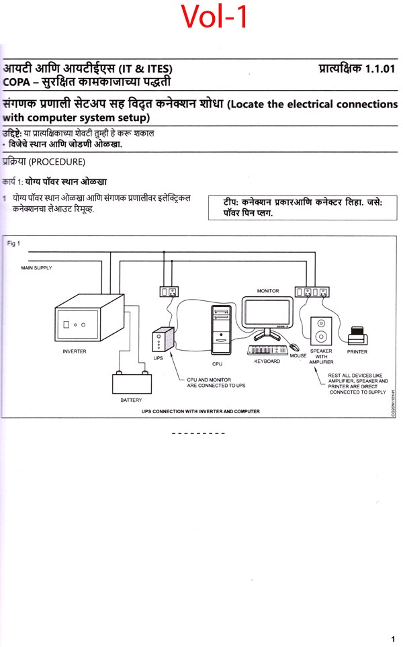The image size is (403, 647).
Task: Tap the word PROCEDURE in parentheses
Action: (x=57, y=162)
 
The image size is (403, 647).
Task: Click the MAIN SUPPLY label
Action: (x=37, y=268)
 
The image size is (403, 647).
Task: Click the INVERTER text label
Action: (x=75, y=351)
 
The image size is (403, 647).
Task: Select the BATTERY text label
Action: (x=131, y=400)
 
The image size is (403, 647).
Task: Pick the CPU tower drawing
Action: (x=220, y=330)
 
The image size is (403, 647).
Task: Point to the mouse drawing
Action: (x=294, y=348)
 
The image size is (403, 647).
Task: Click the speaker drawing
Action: (x=321, y=329)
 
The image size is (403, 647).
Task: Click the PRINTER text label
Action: (x=357, y=351)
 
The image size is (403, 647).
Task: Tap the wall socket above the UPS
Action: (x=168, y=292)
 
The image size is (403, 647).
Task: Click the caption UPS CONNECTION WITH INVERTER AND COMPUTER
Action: (x=200, y=411)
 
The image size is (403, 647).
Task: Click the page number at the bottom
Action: (x=393, y=639)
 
